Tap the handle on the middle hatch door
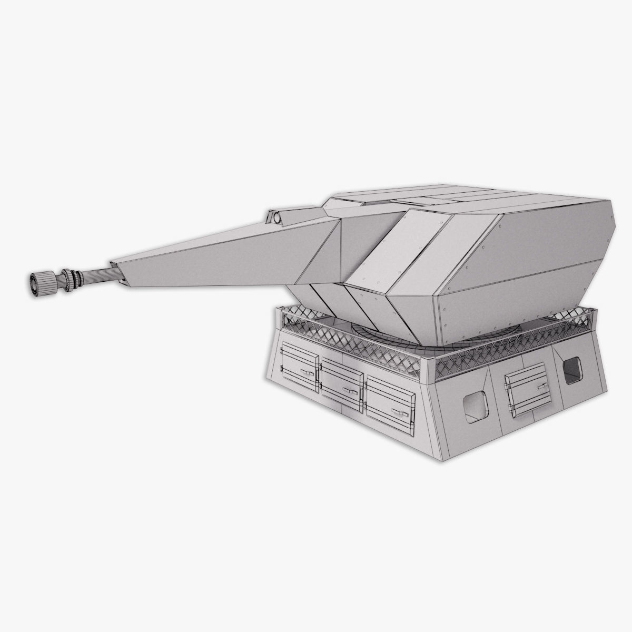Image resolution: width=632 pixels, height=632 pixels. point(349,390)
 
